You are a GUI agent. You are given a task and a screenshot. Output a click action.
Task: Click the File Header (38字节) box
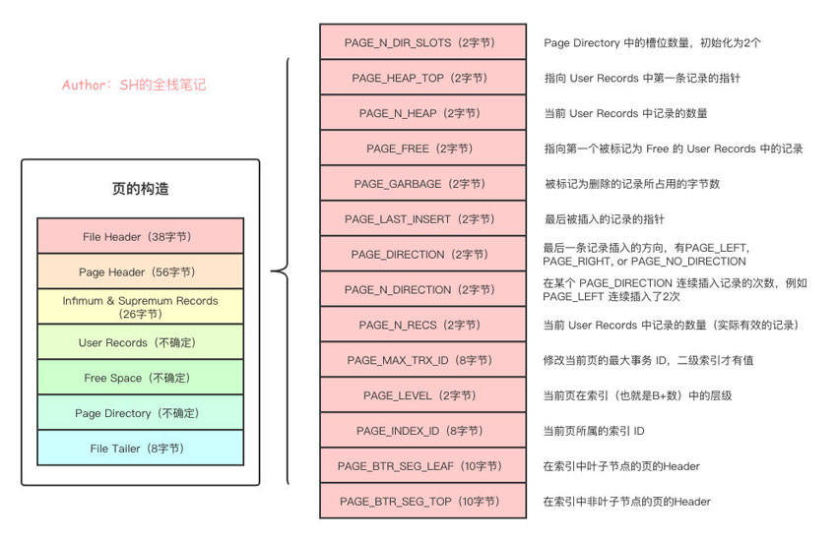(x=140, y=236)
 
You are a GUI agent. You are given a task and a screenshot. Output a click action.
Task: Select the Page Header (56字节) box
(x=140, y=271)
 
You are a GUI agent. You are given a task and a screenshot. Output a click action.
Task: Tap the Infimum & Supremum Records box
(x=140, y=307)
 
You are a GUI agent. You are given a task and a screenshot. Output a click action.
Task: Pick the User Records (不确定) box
(x=140, y=342)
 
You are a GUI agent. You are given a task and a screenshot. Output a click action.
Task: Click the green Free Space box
(x=140, y=378)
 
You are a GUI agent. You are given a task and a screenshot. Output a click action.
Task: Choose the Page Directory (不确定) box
(x=140, y=413)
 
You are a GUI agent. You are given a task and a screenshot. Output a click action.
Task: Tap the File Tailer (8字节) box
(x=140, y=449)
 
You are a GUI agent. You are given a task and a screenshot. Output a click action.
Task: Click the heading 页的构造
(x=140, y=189)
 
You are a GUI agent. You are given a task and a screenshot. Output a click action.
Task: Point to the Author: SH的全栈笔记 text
(x=134, y=86)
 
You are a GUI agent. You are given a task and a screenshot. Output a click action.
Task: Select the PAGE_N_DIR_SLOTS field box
(x=418, y=42)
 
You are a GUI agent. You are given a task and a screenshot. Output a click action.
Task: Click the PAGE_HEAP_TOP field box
(x=418, y=78)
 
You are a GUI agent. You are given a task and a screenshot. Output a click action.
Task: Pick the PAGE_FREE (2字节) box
(x=418, y=149)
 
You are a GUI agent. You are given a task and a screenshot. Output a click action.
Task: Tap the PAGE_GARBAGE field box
(x=418, y=184)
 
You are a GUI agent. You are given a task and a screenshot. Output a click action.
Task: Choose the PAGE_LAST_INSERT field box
(x=418, y=218)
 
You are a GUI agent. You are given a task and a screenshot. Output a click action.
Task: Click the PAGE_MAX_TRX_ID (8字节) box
(x=418, y=360)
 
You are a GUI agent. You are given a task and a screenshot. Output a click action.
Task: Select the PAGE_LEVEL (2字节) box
(x=418, y=395)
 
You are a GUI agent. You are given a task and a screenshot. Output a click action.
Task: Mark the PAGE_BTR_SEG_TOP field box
(x=418, y=502)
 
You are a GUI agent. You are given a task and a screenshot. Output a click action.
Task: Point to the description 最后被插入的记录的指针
(x=604, y=218)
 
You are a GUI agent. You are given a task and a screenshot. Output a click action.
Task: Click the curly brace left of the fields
(x=283, y=271)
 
